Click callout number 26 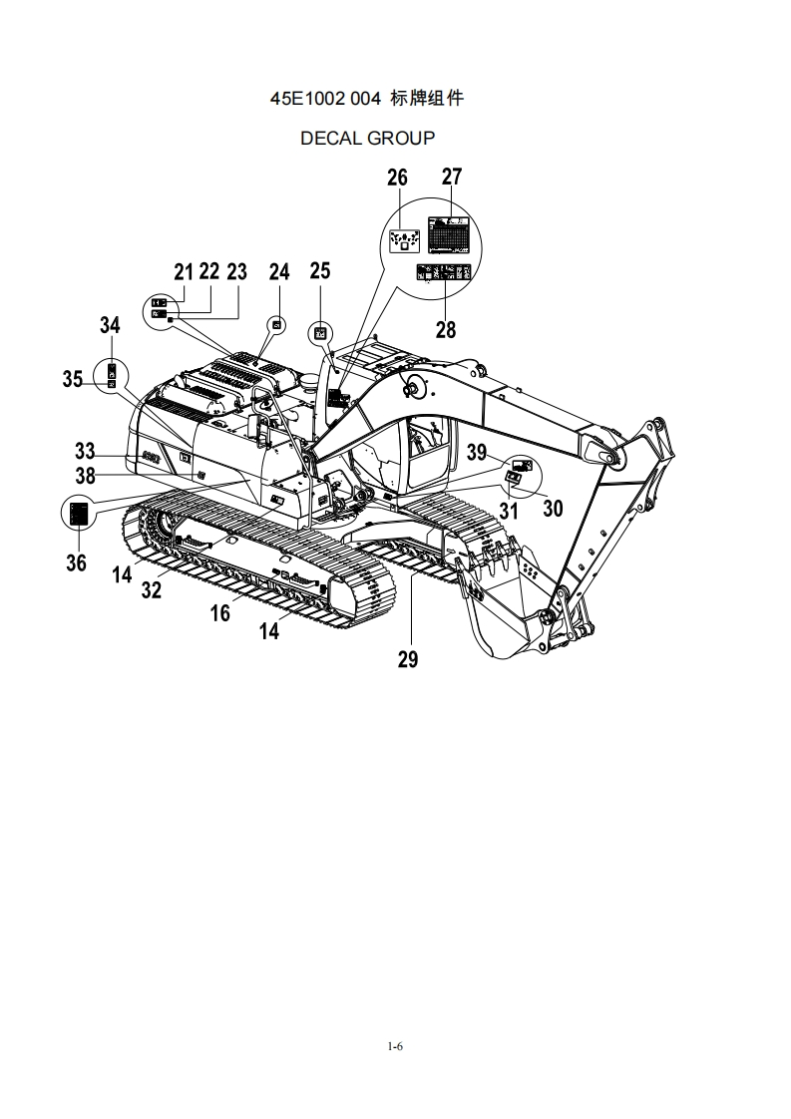[x=397, y=178]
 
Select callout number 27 [x=452, y=178]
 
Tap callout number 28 [x=446, y=329]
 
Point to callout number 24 [x=279, y=271]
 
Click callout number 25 [x=319, y=271]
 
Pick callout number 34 [x=110, y=324]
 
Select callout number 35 [x=73, y=379]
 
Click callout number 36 [x=76, y=562]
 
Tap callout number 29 [x=408, y=658]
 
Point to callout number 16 [x=219, y=612]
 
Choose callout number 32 [x=151, y=589]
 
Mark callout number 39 [x=477, y=453]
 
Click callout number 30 [x=552, y=509]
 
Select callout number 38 [x=86, y=476]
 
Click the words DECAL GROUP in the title [x=367, y=138]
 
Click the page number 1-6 [x=395, y=1046]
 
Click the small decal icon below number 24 [x=278, y=324]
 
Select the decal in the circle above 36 [x=78, y=513]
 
